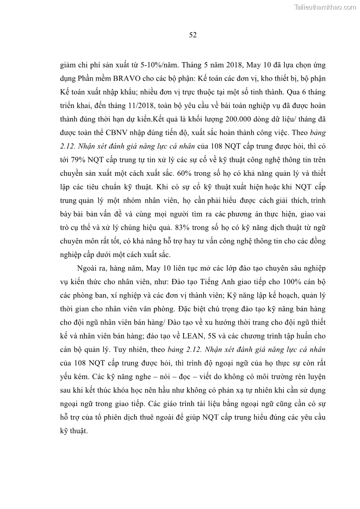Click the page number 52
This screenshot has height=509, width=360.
tap(192, 35)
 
